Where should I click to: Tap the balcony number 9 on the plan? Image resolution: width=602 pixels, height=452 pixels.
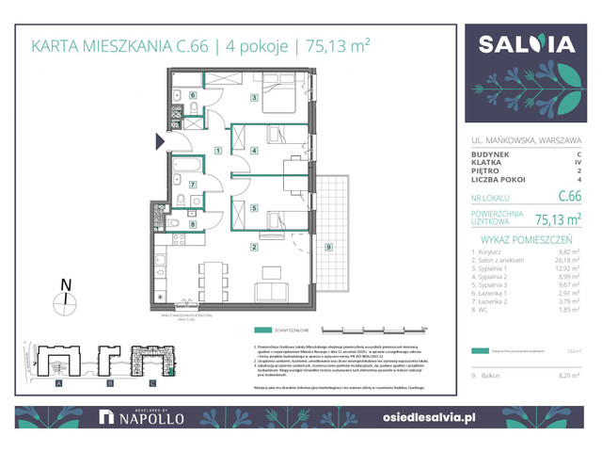pyautogui.click(x=327, y=247)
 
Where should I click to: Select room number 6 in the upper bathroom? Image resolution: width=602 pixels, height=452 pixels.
pyautogui.click(x=193, y=95)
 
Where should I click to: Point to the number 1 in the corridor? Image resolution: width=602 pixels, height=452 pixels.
pyautogui.click(x=217, y=150)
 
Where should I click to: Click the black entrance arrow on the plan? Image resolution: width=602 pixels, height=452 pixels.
pyautogui.click(x=160, y=142)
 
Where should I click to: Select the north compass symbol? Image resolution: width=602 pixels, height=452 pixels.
pyautogui.click(x=64, y=299)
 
